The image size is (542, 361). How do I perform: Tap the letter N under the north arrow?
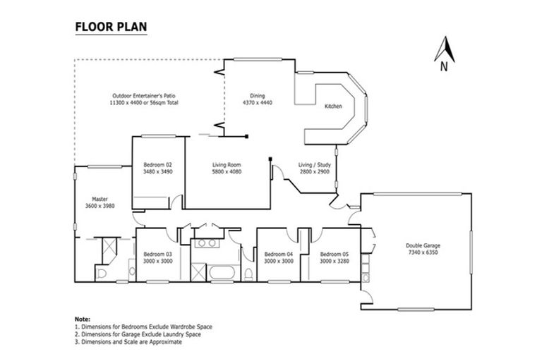tap(443, 67)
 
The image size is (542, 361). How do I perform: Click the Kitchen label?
tap(333, 106)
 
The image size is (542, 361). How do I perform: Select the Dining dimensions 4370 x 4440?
tap(257, 103)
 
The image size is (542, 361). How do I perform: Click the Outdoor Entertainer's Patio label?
tap(144, 96)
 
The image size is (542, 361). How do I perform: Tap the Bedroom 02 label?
tap(157, 164)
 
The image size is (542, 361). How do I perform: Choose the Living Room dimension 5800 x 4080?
tap(227, 171)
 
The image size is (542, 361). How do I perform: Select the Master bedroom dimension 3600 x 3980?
tap(99, 206)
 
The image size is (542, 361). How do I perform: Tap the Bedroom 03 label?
tap(157, 254)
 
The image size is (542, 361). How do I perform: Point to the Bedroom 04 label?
tap(278, 254)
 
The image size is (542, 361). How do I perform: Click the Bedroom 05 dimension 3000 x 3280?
tap(335, 260)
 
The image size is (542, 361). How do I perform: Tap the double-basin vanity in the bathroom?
tap(207, 243)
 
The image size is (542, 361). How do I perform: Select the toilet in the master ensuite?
tap(101, 274)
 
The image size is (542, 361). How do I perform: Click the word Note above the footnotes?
tap(82, 319)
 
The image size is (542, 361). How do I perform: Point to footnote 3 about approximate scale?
tap(128, 341)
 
